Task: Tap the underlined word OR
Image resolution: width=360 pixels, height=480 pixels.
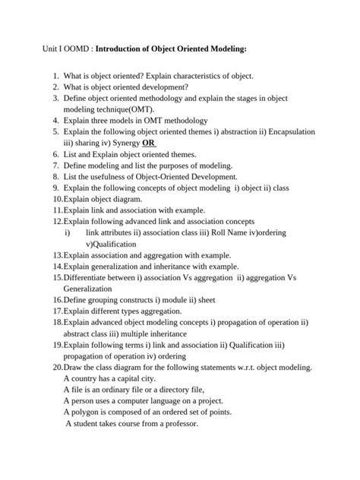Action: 149,142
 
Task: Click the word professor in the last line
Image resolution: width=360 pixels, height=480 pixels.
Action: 179,423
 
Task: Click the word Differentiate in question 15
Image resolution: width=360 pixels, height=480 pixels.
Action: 89,277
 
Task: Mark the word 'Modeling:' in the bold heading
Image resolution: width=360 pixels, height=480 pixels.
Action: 225,48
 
